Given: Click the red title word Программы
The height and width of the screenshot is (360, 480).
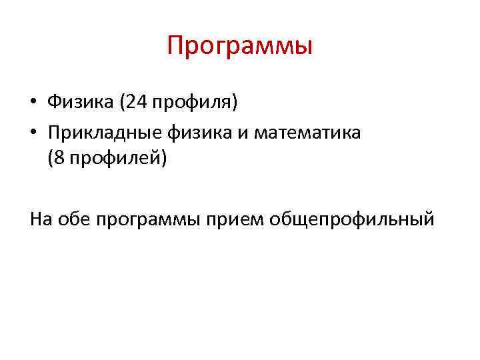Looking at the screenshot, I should pyautogui.click(x=240, y=47).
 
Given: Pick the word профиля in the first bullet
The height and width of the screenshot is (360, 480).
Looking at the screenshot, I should pyautogui.click(x=194, y=103).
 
